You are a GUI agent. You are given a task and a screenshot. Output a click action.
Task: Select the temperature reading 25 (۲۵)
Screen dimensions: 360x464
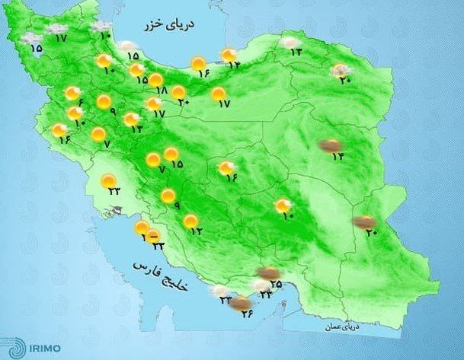276,285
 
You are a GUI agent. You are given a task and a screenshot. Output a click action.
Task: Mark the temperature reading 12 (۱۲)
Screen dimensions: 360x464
197,231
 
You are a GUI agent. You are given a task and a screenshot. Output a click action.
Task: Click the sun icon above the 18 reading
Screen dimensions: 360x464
155,79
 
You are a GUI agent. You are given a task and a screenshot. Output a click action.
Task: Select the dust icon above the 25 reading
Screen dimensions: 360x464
267,272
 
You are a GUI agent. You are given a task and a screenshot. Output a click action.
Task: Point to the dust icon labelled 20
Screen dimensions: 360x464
364,222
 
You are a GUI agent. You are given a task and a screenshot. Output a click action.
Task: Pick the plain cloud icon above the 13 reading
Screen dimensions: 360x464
290,43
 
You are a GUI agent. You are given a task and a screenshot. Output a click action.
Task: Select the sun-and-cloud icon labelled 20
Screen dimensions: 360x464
339,71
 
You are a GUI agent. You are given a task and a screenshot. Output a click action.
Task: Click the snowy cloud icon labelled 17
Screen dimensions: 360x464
55,28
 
